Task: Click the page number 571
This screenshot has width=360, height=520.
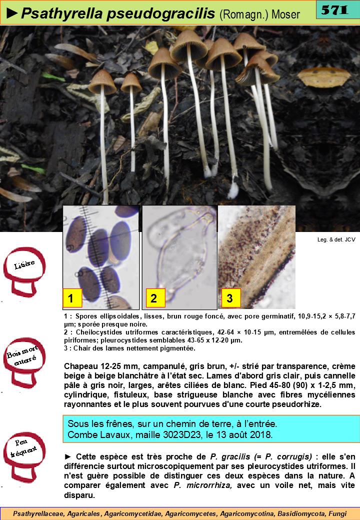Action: pos(335,10)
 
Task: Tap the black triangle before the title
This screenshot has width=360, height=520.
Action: pos(12,13)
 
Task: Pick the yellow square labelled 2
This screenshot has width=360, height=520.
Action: pos(155,297)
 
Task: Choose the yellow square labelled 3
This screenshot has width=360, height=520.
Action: pos(231,297)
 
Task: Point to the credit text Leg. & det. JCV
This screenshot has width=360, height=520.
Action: pos(336,239)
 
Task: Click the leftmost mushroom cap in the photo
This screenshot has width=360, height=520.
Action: pos(102,81)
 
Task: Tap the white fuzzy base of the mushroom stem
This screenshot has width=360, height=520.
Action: pos(233,190)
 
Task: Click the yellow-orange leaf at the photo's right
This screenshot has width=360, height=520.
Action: pos(324,77)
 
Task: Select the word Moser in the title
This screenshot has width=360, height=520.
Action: pos(285,14)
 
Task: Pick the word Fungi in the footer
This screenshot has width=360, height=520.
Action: pos(337,513)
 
